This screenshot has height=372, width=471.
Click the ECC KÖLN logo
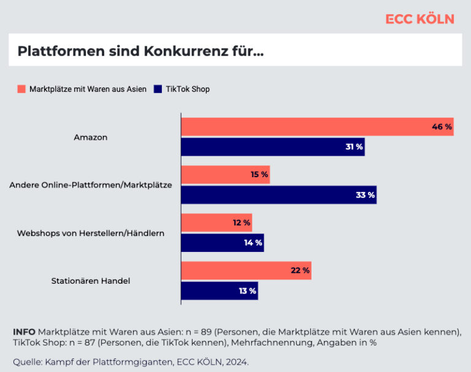419,19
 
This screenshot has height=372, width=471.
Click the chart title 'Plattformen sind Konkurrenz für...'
140,51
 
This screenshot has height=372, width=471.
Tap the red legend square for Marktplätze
21,89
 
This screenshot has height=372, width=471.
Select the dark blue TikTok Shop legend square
158,89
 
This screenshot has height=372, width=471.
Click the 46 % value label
442,127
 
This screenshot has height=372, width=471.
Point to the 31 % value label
354,147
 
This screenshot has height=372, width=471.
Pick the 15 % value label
259,175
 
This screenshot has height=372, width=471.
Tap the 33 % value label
366,195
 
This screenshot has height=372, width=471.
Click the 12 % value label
242,222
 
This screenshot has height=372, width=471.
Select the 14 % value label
253,243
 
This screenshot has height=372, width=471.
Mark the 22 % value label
300,270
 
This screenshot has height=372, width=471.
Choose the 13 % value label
248,290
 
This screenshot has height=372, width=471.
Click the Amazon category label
91,137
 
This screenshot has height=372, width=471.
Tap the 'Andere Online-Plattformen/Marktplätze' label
91,185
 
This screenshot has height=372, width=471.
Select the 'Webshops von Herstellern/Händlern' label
91,233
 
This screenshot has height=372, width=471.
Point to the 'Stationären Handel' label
91,281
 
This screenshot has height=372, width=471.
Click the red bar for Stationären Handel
247,270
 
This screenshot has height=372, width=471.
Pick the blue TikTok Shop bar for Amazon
273,147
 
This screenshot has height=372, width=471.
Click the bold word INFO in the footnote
24,332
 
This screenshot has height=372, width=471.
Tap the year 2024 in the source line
237,362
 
